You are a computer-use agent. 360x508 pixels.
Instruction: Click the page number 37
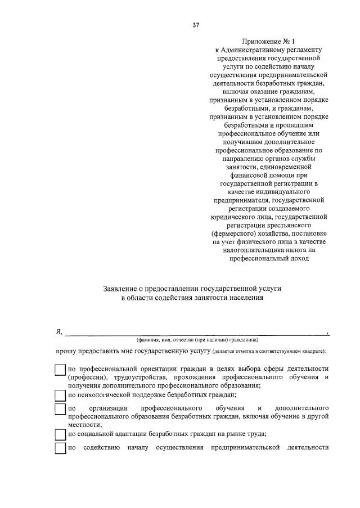pos(195,24)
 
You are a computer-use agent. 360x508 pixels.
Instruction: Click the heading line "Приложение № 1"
pos(267,41)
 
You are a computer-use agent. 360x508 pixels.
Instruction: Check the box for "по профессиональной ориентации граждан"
pos(60,370)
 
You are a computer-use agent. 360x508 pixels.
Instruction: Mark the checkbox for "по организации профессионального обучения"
pos(60,408)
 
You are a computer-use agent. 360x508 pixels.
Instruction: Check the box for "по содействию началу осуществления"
pos(60,448)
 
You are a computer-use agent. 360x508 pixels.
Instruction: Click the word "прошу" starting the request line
pos(65,352)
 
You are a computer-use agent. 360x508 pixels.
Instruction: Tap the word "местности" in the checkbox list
pos(80,425)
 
